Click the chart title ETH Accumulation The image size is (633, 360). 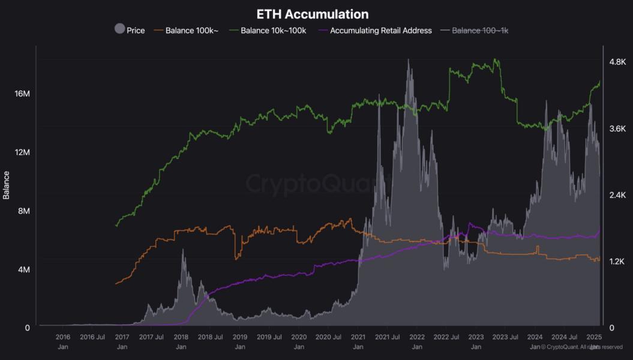pyautogui.click(x=313, y=13)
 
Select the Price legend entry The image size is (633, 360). pyautogui.click(x=136, y=31)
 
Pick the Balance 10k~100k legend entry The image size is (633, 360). pyautogui.click(x=274, y=31)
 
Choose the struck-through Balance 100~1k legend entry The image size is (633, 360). pyautogui.click(x=480, y=31)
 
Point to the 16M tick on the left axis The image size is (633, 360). pyautogui.click(x=22, y=94)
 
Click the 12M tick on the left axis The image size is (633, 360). pyautogui.click(x=22, y=152)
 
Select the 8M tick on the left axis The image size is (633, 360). pyautogui.click(x=23, y=211)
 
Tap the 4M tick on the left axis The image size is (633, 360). pyautogui.click(x=23, y=270)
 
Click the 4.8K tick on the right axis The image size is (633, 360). pyautogui.click(x=617, y=62)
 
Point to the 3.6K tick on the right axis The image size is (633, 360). pyautogui.click(x=617, y=128)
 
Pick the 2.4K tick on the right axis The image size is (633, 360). pyautogui.click(x=617, y=195)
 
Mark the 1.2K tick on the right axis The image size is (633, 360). pyautogui.click(x=617, y=262)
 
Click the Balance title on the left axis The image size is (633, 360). pyautogui.click(x=7, y=185)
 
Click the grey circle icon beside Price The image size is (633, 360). pyautogui.click(x=119, y=29)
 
